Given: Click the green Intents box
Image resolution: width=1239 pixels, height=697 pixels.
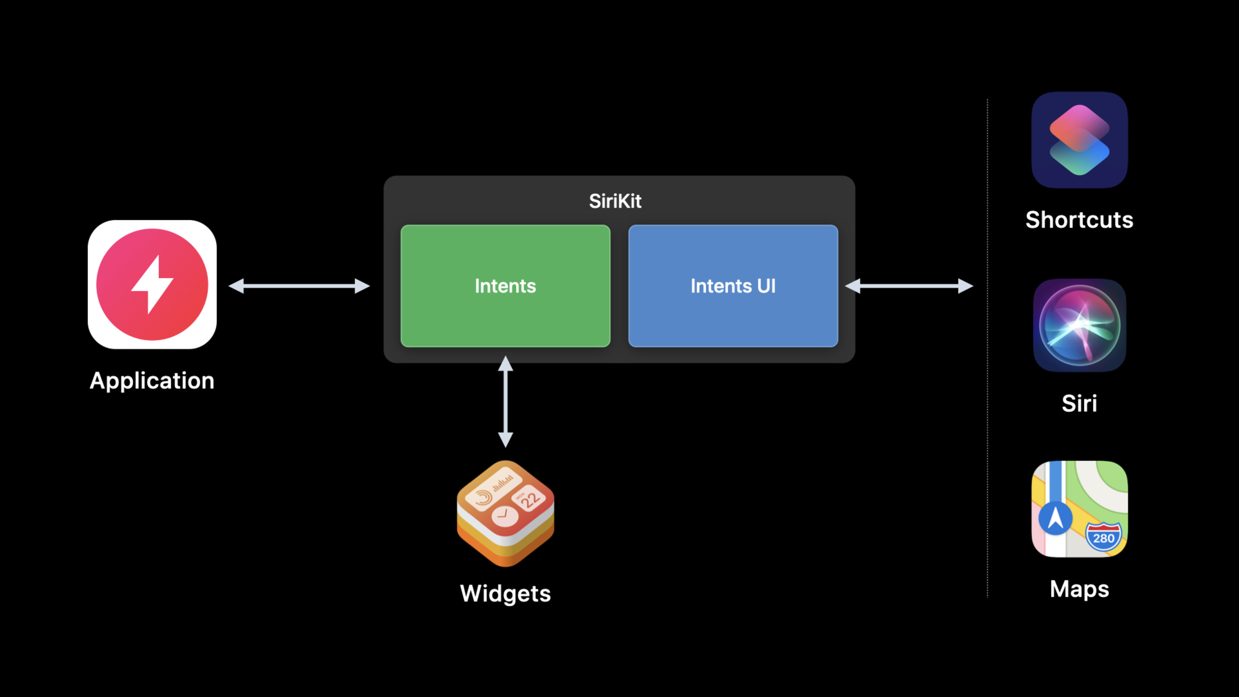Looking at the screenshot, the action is [505, 286].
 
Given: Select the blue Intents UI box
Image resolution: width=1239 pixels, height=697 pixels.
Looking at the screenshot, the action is [733, 286].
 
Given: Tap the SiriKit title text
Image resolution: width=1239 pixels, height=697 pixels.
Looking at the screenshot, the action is [615, 201].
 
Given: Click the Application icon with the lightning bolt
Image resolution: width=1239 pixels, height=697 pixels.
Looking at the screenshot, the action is [152, 285].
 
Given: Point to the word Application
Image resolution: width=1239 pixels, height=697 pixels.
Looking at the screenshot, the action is [152, 381].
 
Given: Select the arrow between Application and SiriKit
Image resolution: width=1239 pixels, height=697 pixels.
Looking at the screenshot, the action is [299, 286].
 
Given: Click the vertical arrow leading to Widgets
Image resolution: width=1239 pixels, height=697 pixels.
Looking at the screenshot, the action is [505, 402].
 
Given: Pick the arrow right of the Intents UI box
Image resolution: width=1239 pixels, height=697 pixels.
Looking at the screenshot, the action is [909, 286].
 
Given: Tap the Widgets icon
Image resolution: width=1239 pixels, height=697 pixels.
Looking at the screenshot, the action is [505, 514].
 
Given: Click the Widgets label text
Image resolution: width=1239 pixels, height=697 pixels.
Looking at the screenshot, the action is [505, 594].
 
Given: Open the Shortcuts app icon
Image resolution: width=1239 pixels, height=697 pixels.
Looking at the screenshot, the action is [1079, 140].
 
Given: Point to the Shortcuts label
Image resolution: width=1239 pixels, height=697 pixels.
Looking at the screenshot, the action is [1079, 220].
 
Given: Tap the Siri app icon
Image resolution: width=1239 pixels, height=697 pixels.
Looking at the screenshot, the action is [1079, 325].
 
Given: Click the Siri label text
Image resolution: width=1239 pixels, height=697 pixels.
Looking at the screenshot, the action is [1079, 403].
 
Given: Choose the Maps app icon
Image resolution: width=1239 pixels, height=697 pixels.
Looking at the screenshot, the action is [1079, 509].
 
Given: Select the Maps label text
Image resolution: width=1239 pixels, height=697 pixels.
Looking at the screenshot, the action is [1079, 590].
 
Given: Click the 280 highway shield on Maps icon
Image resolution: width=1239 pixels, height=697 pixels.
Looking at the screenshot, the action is [1103, 537].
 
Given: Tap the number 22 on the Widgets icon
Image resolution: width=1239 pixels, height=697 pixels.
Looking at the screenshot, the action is [530, 500].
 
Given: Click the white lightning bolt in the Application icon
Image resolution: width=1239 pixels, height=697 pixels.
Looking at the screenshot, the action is [152, 285].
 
